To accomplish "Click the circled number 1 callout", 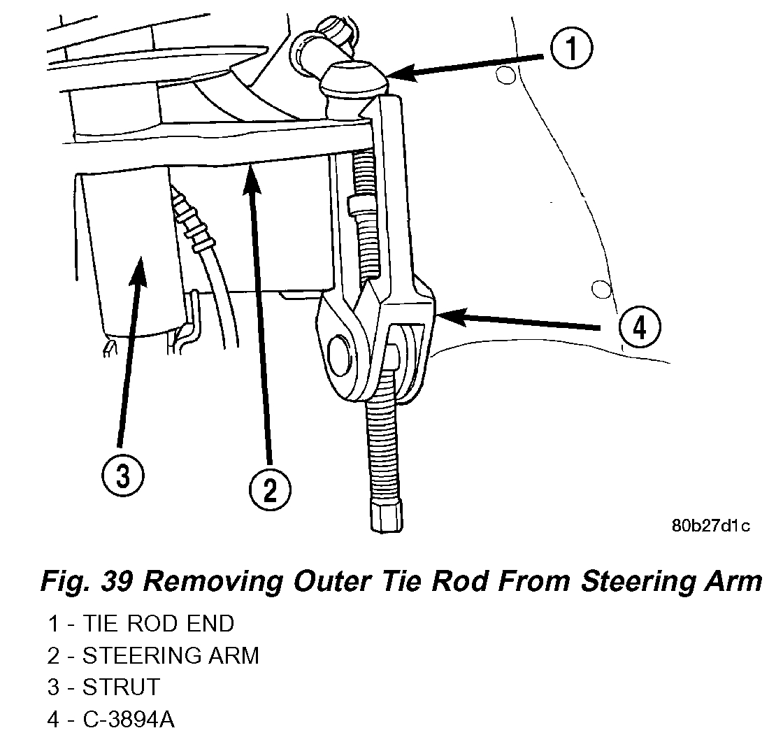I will click(x=571, y=50).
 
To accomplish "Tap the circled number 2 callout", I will click(x=270, y=489).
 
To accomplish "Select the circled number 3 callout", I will click(x=122, y=477).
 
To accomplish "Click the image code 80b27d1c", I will click(x=710, y=526).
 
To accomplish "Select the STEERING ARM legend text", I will click(x=171, y=655).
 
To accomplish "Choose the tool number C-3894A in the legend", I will click(x=129, y=720).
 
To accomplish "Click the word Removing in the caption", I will click(x=224, y=581).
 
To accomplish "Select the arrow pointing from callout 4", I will click(x=517, y=321).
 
